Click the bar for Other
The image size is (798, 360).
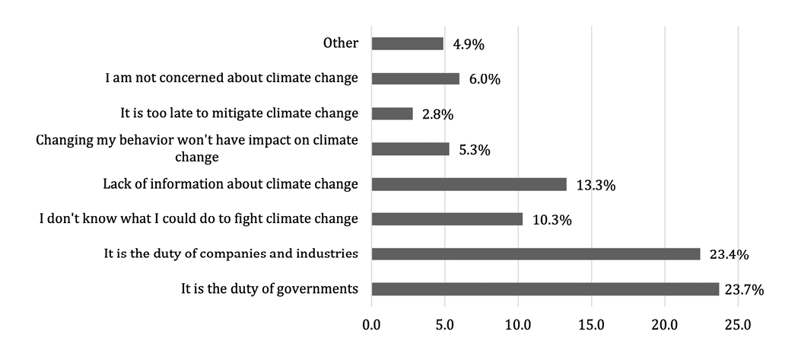point(407,43)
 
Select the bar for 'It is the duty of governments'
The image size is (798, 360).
point(545,289)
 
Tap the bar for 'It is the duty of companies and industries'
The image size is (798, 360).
point(536,254)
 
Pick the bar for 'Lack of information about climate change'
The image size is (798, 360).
point(469,184)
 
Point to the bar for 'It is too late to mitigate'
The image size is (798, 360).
point(392,113)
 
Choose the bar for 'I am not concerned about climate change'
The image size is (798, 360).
point(415,78)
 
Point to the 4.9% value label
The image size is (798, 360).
point(468,44)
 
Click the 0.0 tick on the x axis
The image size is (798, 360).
point(371,325)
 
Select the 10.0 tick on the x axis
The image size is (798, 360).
point(518,325)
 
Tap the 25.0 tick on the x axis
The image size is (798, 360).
point(738,325)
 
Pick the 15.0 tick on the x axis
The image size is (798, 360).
point(591,325)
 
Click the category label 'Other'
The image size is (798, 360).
point(340,43)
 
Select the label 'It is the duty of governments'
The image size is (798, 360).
point(269,288)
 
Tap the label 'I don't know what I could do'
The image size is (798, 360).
point(199,218)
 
